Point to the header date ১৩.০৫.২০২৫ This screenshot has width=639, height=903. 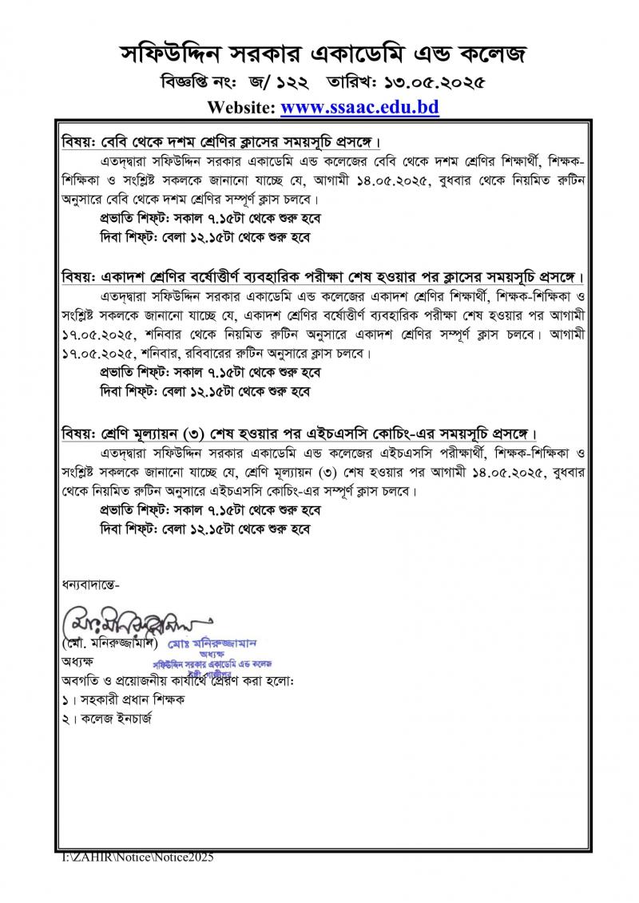tap(431, 81)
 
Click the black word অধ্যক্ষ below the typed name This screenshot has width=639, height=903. tap(77, 662)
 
